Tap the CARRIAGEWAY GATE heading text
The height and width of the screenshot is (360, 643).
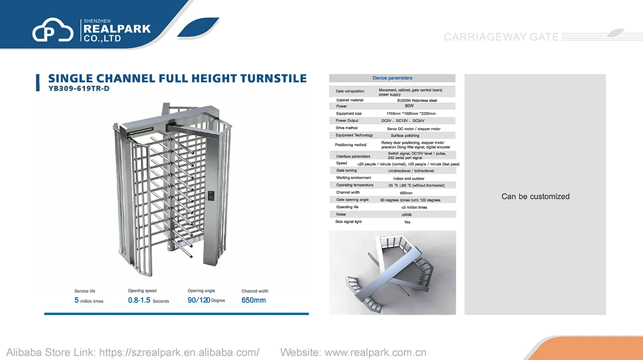coord(501,37)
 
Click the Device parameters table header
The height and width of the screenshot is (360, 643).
coord(392,78)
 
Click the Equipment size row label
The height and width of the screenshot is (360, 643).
coord(349,114)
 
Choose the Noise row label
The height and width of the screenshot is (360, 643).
coord(341,214)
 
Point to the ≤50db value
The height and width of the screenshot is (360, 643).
coord(407,214)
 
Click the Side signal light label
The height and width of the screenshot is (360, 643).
coord(348,222)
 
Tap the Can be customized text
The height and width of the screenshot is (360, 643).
coord(535,197)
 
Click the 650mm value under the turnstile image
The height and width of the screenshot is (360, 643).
coord(253,301)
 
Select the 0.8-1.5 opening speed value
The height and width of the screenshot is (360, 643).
coord(139,301)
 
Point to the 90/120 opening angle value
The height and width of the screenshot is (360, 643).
coord(198,301)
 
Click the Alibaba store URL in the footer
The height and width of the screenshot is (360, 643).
coord(180,352)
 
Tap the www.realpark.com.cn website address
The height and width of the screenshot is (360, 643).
coord(376,352)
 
